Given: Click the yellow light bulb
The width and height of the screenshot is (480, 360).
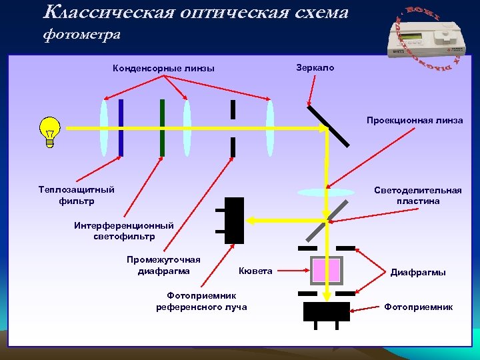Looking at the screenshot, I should pyautogui.click(x=50, y=130).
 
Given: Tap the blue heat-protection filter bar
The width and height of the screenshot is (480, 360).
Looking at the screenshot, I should pyautogui.click(x=121, y=127).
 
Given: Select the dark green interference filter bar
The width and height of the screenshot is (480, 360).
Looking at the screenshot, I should pyautogui.click(x=162, y=127).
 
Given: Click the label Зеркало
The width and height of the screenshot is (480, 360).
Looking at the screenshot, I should pyautogui.click(x=315, y=69).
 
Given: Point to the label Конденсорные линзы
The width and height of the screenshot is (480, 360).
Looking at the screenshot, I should pyautogui.click(x=163, y=69).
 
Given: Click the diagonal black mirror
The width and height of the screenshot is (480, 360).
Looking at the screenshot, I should pyautogui.click(x=328, y=127).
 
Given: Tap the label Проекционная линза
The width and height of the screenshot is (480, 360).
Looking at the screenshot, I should pyautogui.click(x=415, y=121).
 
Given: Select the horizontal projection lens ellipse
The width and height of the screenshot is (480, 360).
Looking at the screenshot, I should pyautogui.click(x=326, y=192).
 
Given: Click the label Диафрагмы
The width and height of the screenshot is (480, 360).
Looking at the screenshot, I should pyautogui.click(x=418, y=272).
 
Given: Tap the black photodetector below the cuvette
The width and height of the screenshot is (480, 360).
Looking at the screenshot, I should pyautogui.click(x=327, y=311).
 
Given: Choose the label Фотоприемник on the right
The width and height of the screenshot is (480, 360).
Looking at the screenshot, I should pyautogui.click(x=418, y=307).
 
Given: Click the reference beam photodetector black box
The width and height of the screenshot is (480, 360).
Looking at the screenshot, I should pyautogui.click(x=235, y=221).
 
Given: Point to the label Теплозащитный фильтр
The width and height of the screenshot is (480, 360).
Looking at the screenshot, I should pyautogui.click(x=77, y=195).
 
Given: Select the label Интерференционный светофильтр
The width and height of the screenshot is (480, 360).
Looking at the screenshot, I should pyautogui.click(x=124, y=231).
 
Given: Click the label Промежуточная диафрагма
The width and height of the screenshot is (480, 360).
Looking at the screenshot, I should pyautogui.click(x=163, y=265).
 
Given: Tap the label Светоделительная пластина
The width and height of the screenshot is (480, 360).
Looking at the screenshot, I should pyautogui.click(x=418, y=195).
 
